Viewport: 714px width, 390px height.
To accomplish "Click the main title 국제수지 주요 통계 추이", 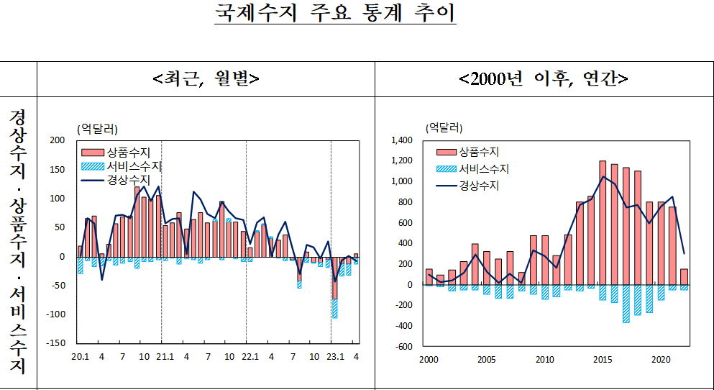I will tap(335, 14).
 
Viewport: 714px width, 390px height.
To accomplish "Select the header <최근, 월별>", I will tap(206, 78).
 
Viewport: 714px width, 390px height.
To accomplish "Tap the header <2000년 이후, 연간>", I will tap(544, 78).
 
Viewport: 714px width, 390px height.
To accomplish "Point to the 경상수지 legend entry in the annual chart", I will tap(479, 186).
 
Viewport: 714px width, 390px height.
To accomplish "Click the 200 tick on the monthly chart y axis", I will tap(56, 140).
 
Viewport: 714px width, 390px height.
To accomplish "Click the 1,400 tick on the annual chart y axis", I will tap(403, 140).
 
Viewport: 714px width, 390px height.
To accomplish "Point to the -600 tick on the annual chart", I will tap(406, 346).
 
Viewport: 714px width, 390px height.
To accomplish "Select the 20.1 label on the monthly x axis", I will tap(80, 356).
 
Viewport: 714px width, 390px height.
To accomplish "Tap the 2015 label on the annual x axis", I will tap(603, 360).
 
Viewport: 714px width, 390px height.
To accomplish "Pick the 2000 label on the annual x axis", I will tap(429, 360).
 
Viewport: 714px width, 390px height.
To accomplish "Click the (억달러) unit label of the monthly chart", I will tap(96, 129).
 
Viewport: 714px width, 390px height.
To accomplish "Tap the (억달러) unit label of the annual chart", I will tap(444, 127).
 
